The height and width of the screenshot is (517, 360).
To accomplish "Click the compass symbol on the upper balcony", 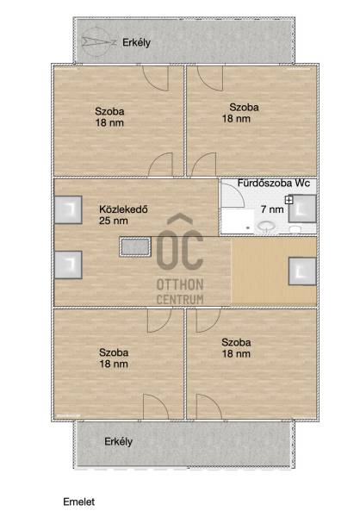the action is [x=98, y=41].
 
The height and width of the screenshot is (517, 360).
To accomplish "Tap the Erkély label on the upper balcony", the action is [x=136, y=43].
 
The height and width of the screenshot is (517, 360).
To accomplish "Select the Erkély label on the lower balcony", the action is [x=118, y=442].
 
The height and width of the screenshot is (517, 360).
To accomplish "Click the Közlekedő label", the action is [x=123, y=209].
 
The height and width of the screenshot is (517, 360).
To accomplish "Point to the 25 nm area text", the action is [x=114, y=221].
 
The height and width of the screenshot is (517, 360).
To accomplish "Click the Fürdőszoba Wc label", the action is [x=274, y=183].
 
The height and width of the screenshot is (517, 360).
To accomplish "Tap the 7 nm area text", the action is [x=272, y=209].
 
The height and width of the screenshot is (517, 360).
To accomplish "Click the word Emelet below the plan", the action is [x=78, y=501].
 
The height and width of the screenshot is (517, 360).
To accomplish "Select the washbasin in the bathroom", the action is [x=266, y=227].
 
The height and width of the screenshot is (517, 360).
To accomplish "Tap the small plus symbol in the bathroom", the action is [x=289, y=200].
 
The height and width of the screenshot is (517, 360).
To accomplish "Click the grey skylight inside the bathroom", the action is [x=302, y=209].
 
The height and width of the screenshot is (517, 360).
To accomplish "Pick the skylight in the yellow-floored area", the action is [x=302, y=271].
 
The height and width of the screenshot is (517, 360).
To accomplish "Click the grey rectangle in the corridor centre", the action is [x=135, y=246].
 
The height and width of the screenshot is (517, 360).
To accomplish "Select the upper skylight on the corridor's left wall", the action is [x=68, y=210].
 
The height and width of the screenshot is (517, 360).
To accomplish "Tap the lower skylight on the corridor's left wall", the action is [x=68, y=265].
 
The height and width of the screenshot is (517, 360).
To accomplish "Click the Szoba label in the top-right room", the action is [x=244, y=107].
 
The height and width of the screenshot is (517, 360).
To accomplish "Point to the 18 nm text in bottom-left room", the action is [x=114, y=364].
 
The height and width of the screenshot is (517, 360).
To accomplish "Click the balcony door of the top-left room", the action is [x=156, y=78].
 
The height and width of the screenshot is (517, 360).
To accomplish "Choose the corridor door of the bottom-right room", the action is [x=208, y=321].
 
